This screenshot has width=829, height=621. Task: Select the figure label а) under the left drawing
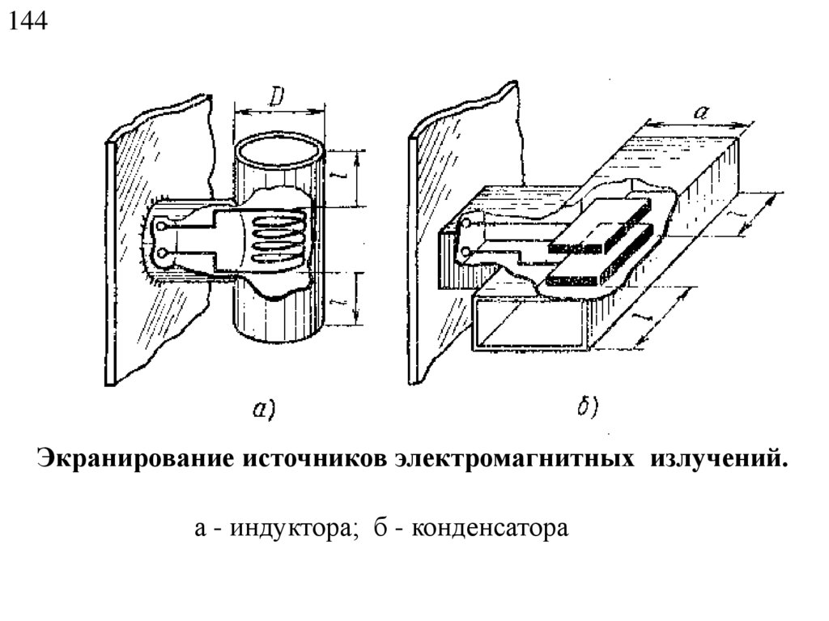pyautogui.click(x=264, y=410)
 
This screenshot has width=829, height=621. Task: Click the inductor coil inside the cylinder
pyautogui.click(x=275, y=236)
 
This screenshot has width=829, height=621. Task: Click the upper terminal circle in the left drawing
pyautogui.click(x=164, y=228)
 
